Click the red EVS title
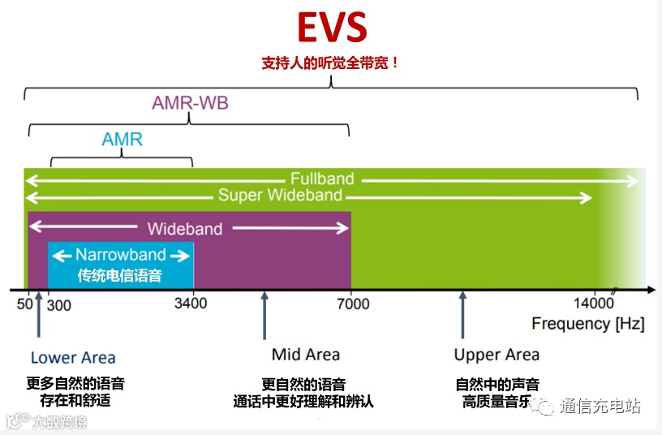pyautogui.click(x=332, y=27)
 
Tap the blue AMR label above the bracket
pyautogui.click(x=123, y=140)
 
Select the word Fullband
pyautogui.click(x=322, y=179)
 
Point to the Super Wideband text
pyautogui.click(x=280, y=196)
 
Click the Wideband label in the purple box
pyautogui.click(x=184, y=229)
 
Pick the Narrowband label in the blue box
pyautogui.click(x=121, y=255)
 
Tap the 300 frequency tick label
pyautogui.click(x=59, y=304)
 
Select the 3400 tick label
pyautogui.click(x=190, y=304)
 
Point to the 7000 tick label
pyautogui.click(x=352, y=304)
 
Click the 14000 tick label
pyautogui.click(x=594, y=304)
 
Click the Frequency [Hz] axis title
pyautogui.click(x=588, y=324)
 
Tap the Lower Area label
pyautogui.click(x=73, y=357)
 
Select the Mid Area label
pyautogui.click(x=306, y=355)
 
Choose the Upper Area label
pyautogui.click(x=496, y=355)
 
